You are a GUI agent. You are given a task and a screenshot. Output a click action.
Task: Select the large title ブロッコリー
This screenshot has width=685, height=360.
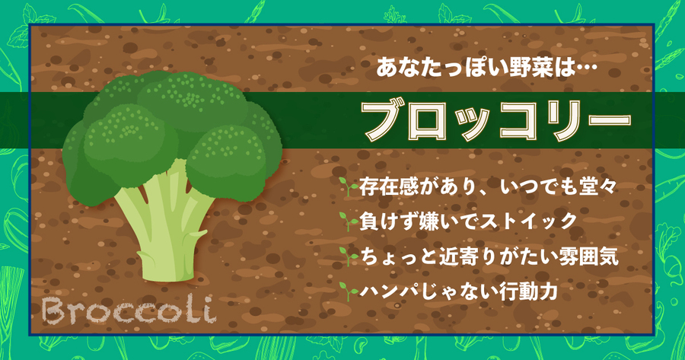pos(497,121)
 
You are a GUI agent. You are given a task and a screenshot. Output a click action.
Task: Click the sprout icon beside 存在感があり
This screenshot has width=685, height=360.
pos(349,187)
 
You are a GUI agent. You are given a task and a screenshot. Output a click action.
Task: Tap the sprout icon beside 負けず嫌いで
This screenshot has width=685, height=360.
pos(349,221)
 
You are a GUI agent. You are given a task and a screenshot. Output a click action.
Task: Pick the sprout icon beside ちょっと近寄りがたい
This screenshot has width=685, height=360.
pos(349,256)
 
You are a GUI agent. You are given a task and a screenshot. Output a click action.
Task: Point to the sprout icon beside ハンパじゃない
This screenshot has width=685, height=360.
pos(349,291)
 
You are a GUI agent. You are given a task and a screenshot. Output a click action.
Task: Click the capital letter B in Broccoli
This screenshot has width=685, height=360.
pos(54,311)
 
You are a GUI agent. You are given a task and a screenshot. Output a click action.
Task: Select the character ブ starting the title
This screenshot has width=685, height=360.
pos(383,121)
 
